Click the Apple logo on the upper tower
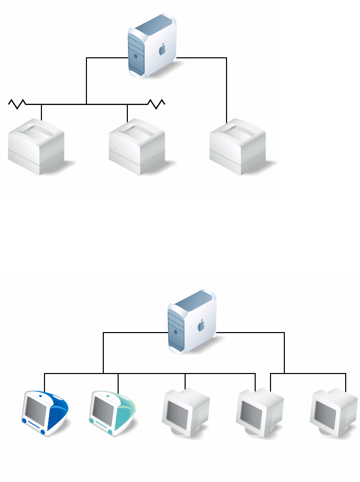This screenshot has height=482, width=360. point(163,50)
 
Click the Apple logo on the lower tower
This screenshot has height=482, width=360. point(201,324)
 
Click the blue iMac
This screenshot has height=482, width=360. point(44,413)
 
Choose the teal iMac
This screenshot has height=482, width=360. point(112,413)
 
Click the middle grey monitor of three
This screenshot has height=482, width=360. point(259,412)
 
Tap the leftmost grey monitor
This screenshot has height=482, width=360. point(185,412)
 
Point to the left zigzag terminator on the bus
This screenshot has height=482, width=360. point(17,104)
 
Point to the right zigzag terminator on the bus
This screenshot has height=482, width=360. point(156,104)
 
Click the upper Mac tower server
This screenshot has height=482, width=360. point(152,46)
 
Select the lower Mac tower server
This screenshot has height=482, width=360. point(191,321)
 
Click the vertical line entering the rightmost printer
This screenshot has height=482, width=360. point(227,92)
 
